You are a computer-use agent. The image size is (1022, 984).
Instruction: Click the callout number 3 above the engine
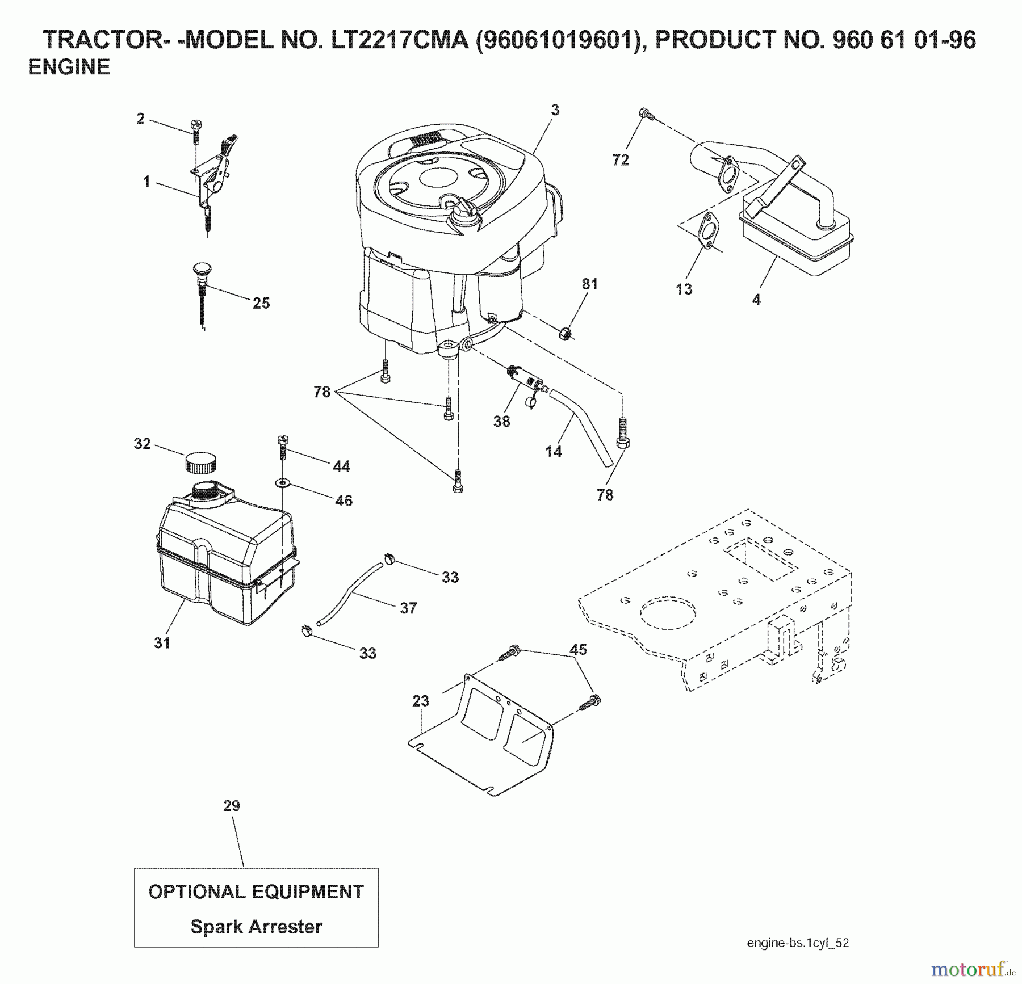tap(555, 110)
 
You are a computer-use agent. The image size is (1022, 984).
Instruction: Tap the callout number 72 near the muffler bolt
tap(621, 160)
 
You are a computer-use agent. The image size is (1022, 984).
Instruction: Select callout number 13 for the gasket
tap(684, 289)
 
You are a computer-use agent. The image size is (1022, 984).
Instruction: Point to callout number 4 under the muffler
tap(756, 300)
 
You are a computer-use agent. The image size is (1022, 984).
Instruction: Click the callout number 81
tap(590, 284)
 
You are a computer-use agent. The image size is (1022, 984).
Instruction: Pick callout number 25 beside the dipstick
tap(261, 303)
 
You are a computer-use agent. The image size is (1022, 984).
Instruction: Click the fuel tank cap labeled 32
tap(200, 462)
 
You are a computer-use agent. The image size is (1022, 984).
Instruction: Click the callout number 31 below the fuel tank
tap(162, 643)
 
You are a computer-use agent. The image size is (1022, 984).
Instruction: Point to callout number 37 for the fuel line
tap(408, 608)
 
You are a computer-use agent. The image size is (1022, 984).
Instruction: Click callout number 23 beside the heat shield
tap(421, 701)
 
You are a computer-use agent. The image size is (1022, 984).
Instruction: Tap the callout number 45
tap(578, 650)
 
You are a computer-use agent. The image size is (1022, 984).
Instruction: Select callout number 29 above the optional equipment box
tap(232, 806)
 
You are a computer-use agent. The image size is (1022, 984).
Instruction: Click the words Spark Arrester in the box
tap(256, 927)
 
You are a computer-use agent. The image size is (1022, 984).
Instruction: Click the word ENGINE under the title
tap(69, 68)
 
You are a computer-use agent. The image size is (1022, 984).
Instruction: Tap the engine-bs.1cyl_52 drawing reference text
tap(798, 943)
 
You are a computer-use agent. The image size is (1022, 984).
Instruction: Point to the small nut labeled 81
tap(564, 333)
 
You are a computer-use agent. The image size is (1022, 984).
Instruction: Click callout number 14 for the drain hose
tap(554, 452)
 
